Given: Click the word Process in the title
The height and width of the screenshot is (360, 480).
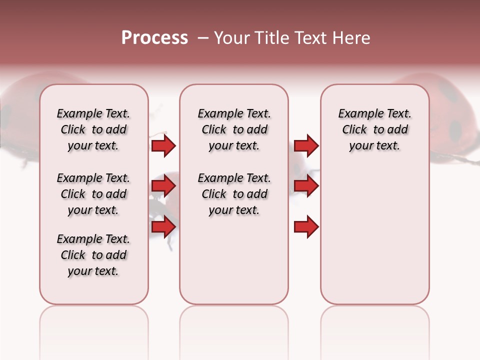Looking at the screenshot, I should tap(154, 38).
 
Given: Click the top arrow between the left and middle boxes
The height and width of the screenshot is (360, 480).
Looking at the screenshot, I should tap(163, 145).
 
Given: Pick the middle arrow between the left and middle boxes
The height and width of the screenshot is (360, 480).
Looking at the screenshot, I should tap(163, 186).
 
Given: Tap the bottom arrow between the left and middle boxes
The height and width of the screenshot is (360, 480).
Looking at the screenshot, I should tap(163, 227).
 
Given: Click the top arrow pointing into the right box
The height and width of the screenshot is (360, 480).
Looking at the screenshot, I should tap(306, 145).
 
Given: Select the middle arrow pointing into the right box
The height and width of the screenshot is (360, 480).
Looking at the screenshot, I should tap(306, 186).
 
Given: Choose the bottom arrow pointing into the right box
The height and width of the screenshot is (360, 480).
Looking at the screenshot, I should tap(306, 227).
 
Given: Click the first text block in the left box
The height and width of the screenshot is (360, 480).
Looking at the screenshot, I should tap(93, 129).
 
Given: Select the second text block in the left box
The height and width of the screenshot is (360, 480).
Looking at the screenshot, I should tap(93, 194).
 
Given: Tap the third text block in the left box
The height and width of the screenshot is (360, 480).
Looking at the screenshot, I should tap(93, 255).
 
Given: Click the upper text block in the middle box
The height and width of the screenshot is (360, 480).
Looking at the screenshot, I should tap(234, 129).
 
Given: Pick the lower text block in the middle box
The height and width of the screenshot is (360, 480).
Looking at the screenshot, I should tap(234, 194).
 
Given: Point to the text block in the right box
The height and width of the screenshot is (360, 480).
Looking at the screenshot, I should tap(374, 129).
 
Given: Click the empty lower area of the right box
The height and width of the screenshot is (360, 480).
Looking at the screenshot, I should tap(374, 235).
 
